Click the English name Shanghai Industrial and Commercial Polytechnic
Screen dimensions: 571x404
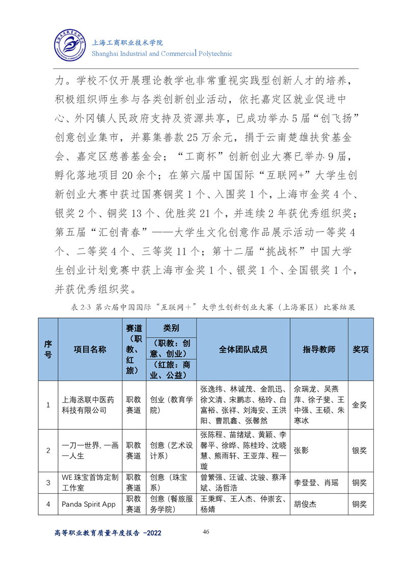(161, 53)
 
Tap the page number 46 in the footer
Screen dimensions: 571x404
(206, 532)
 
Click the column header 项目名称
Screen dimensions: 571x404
(90, 349)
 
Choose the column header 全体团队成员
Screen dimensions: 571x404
(243, 349)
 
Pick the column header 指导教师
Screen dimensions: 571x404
(319, 349)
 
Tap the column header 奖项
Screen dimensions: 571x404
(361, 349)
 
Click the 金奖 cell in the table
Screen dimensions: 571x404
(360, 405)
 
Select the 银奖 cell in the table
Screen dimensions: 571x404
(360, 450)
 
